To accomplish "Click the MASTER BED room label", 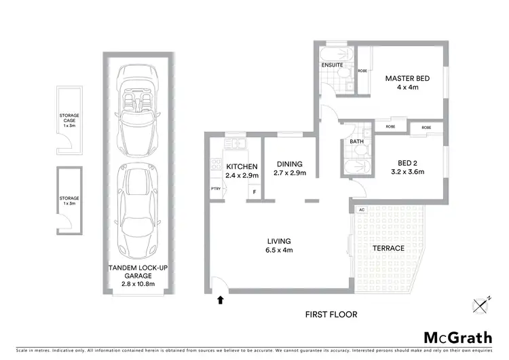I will pyautogui.click(x=407, y=78).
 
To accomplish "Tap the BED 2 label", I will pyautogui.click(x=410, y=162).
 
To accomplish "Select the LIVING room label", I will pyautogui.click(x=279, y=241).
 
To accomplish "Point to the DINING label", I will pyautogui.click(x=289, y=164).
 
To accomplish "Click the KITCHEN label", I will pyautogui.click(x=242, y=166).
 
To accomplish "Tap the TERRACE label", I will pyautogui.click(x=388, y=248).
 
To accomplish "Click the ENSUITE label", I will pyautogui.click(x=331, y=66).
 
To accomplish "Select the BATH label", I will pyautogui.click(x=356, y=142).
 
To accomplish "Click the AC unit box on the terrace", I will pyautogui.click(x=361, y=210).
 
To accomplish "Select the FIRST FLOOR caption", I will pyautogui.click(x=331, y=314).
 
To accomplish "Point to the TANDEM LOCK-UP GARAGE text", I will pyautogui.click(x=138, y=272).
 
